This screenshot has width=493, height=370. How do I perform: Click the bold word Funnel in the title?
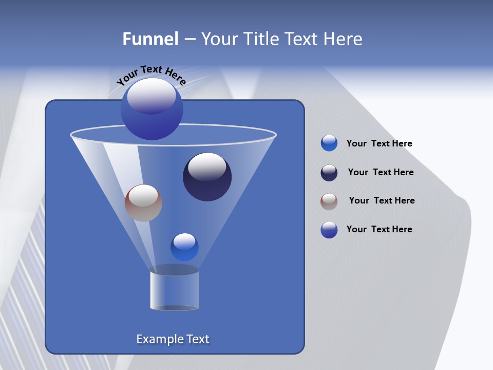[150, 39]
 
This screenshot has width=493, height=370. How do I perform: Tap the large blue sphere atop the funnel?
[151, 109]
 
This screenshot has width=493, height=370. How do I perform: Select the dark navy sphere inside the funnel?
[207, 177]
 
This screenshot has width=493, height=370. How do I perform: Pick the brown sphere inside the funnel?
[143, 203]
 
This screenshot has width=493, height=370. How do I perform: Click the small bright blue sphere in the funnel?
[184, 247]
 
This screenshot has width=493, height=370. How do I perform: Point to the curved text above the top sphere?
[151, 75]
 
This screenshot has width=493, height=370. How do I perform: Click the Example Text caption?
[173, 339]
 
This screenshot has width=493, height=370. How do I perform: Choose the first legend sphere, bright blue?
[329, 143]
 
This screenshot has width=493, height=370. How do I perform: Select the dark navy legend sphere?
[329, 173]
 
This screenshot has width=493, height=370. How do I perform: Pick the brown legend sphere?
[329, 201]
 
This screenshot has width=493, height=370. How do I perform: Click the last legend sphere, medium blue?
[329, 230]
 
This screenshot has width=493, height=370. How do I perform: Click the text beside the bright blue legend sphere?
[379, 143]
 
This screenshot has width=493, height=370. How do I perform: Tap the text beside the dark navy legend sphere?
[381, 172]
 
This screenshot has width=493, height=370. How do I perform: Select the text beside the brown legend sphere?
[382, 200]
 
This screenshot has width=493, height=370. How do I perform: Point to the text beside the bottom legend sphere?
[379, 229]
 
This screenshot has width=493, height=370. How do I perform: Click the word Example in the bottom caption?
[159, 339]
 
